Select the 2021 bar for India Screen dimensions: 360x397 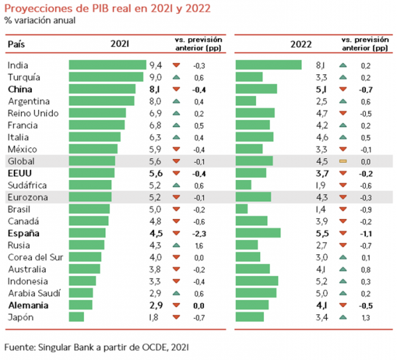point(107,65)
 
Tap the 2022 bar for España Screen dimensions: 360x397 point(258,233)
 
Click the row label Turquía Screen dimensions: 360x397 point(25,77)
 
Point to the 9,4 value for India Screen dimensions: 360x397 point(155,65)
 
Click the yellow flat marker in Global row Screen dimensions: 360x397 point(343,161)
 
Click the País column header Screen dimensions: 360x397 point(17,44)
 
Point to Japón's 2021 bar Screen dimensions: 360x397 point(77,317)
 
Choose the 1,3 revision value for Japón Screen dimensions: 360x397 point(365,317)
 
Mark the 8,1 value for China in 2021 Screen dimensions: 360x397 point(155,89)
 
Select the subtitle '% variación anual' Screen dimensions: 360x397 point(41,20)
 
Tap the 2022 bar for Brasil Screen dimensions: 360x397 point(242,209)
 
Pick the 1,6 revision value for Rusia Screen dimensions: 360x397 point(197,245)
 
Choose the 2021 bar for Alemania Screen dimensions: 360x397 point(80,305)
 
